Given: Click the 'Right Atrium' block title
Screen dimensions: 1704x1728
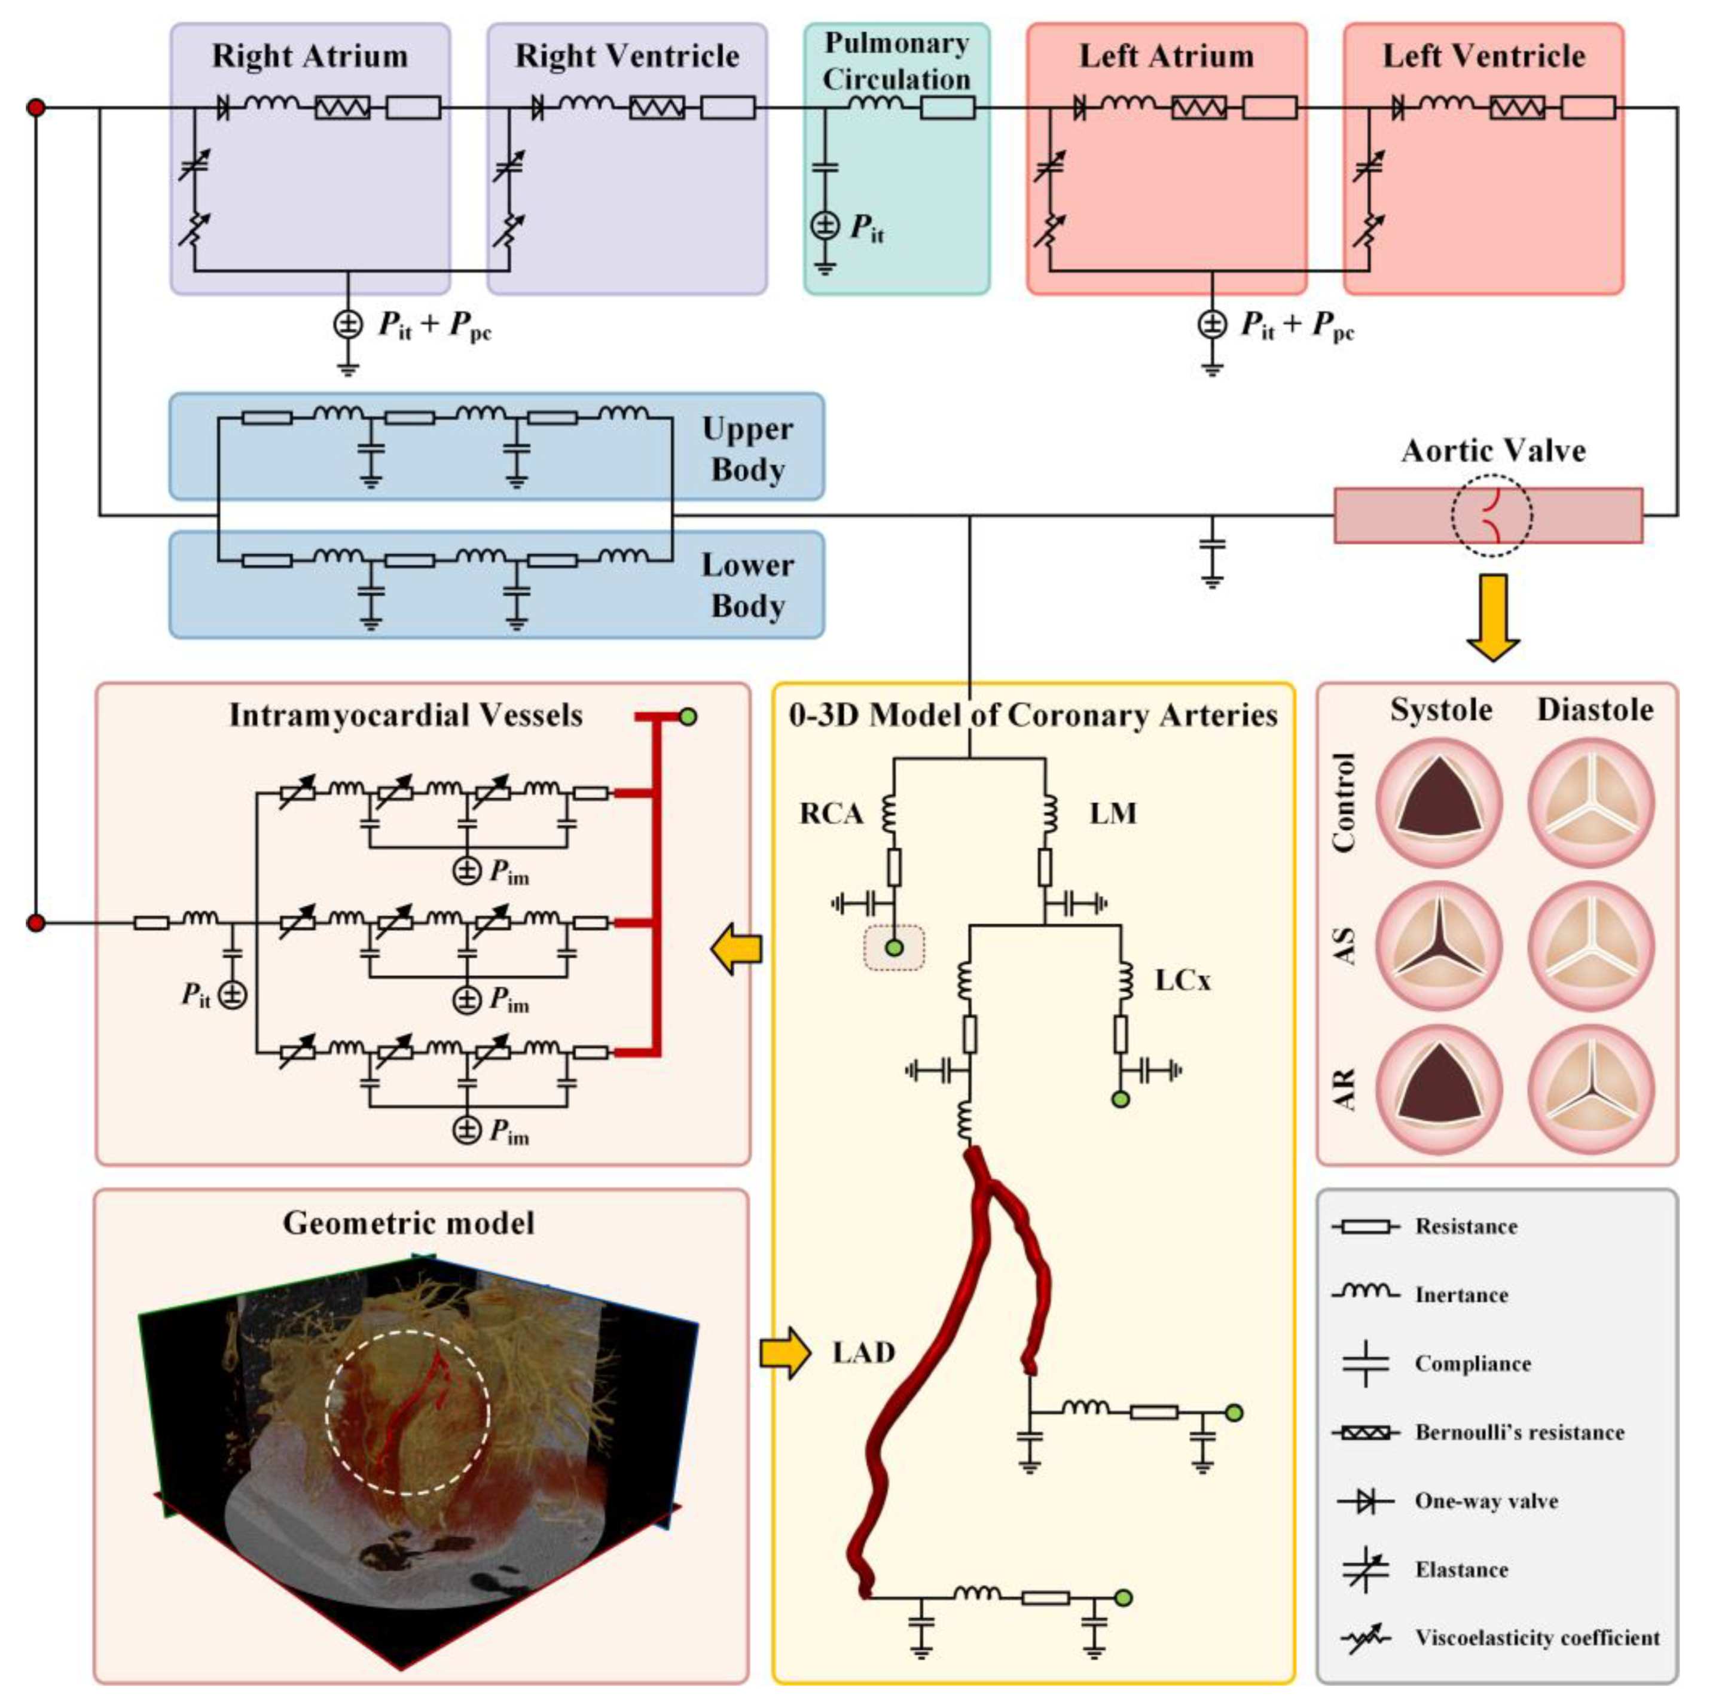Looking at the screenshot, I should [310, 56].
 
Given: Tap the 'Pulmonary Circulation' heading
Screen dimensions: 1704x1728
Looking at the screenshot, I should [896, 61].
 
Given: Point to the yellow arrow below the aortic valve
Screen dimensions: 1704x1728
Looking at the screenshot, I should [1493, 617].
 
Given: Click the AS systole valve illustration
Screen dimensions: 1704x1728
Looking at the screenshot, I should [1439, 946].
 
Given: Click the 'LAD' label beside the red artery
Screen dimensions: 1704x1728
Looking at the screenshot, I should [863, 1352].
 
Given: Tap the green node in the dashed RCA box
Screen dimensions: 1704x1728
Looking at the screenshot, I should [893, 948].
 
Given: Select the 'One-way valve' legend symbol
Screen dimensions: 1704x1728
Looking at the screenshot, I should [1366, 1501].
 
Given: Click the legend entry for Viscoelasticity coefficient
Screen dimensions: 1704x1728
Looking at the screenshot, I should [1537, 1638].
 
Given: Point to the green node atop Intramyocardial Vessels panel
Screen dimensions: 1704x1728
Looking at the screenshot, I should [688, 717].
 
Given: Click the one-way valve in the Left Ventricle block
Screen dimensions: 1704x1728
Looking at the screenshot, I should [1398, 109].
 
